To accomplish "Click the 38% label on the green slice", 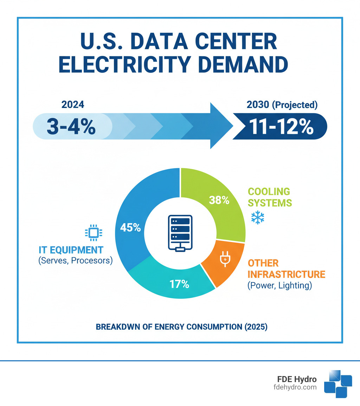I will click(219, 200).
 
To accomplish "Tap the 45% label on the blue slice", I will click(130, 228).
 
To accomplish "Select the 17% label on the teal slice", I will click(179, 284).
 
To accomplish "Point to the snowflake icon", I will click(257, 218).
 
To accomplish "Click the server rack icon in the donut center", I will click(180, 233).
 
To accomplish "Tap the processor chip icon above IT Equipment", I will click(94, 232).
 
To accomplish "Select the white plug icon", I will click(224, 259).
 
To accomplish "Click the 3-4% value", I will click(71, 127).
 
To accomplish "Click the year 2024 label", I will click(73, 105).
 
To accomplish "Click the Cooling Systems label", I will click(269, 197).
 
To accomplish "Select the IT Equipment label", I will click(71, 250).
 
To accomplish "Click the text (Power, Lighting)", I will click(279, 285).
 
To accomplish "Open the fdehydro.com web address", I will click(294, 387).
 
